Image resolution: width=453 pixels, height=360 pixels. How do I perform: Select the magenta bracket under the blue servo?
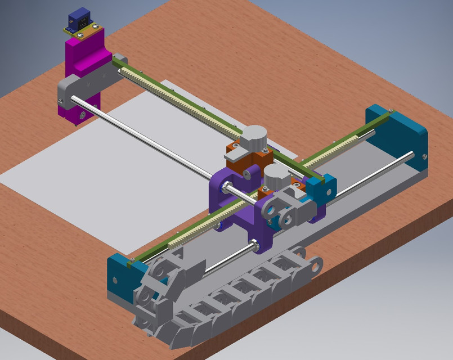coord(84,53)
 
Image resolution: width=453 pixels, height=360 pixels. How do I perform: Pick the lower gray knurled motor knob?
coord(277,174)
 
